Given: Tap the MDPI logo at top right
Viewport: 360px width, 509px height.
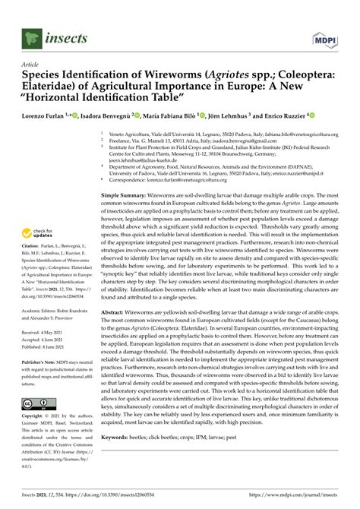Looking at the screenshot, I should pyautogui.click(x=326, y=36).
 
